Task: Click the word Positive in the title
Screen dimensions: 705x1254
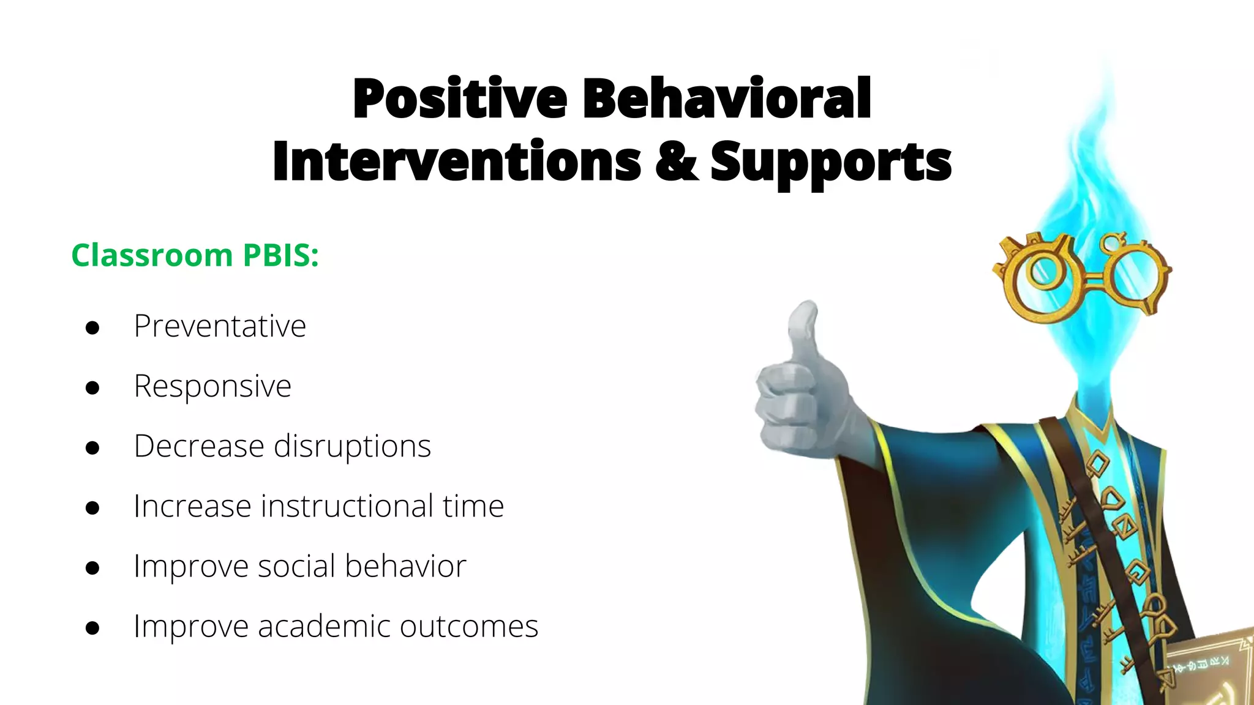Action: click(460, 99)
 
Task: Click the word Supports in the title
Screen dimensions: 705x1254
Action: click(831, 162)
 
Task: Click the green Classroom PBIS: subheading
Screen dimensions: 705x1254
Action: click(195, 255)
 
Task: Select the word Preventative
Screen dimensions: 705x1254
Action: click(220, 326)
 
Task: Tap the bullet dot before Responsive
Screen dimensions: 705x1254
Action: click(92, 388)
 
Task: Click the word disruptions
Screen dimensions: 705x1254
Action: click(352, 446)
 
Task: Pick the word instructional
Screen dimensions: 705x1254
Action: click(347, 506)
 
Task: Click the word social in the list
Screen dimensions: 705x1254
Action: click(296, 566)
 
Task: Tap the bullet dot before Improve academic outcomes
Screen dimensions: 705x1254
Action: click(92, 628)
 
